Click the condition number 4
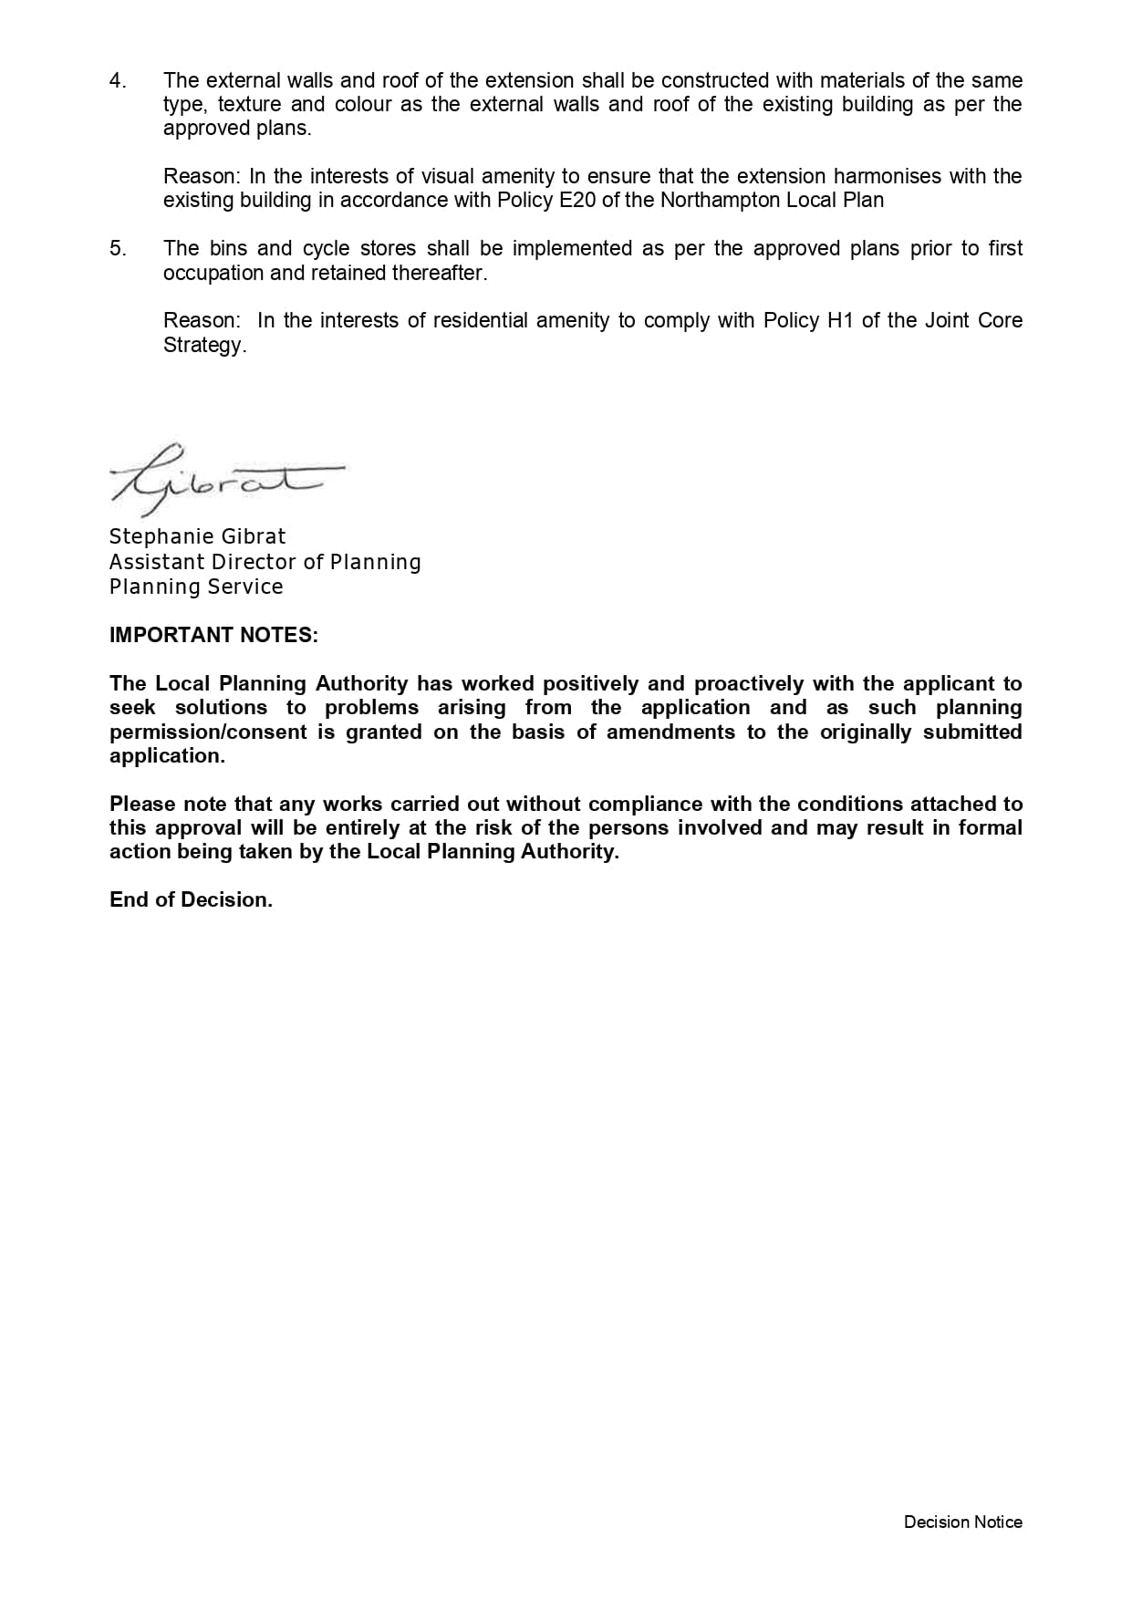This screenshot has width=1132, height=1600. point(117,81)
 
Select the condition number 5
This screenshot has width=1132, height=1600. point(117,249)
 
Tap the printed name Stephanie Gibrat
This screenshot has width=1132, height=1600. point(197,536)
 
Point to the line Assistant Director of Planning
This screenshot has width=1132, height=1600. point(265,562)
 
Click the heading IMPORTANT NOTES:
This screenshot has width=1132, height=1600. point(213,635)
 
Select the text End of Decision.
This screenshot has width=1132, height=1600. point(191,899)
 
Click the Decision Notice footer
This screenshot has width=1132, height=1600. point(962,1522)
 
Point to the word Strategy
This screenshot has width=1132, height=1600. point(203,345)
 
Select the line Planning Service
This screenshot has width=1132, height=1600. point(196,587)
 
